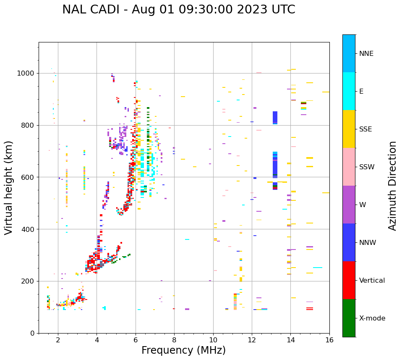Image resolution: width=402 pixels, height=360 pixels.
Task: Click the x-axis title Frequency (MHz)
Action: coord(183,350)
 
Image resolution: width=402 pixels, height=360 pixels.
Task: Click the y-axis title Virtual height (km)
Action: coord(9,188)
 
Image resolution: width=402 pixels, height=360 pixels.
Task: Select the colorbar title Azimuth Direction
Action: coord(392,186)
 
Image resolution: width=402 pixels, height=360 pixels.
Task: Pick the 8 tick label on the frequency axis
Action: coord(174,340)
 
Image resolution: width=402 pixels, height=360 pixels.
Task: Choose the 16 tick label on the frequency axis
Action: coord(329,340)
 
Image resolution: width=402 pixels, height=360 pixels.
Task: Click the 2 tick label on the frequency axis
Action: coord(58,340)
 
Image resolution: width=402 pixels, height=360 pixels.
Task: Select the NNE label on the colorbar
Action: coord(366,54)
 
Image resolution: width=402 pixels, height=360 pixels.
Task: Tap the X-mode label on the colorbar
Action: coord(372,318)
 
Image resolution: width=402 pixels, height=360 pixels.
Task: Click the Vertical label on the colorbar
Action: coord(372,281)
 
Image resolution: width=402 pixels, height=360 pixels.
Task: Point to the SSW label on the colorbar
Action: coord(367,167)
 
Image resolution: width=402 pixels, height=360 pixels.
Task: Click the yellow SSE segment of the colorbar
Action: coord(349,129)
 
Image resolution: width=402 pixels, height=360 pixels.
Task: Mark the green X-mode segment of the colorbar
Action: coord(349,318)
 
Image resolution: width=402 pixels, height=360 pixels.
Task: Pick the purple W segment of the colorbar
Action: coord(349,205)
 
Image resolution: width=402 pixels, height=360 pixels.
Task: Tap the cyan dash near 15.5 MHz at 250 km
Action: coord(318,268)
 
